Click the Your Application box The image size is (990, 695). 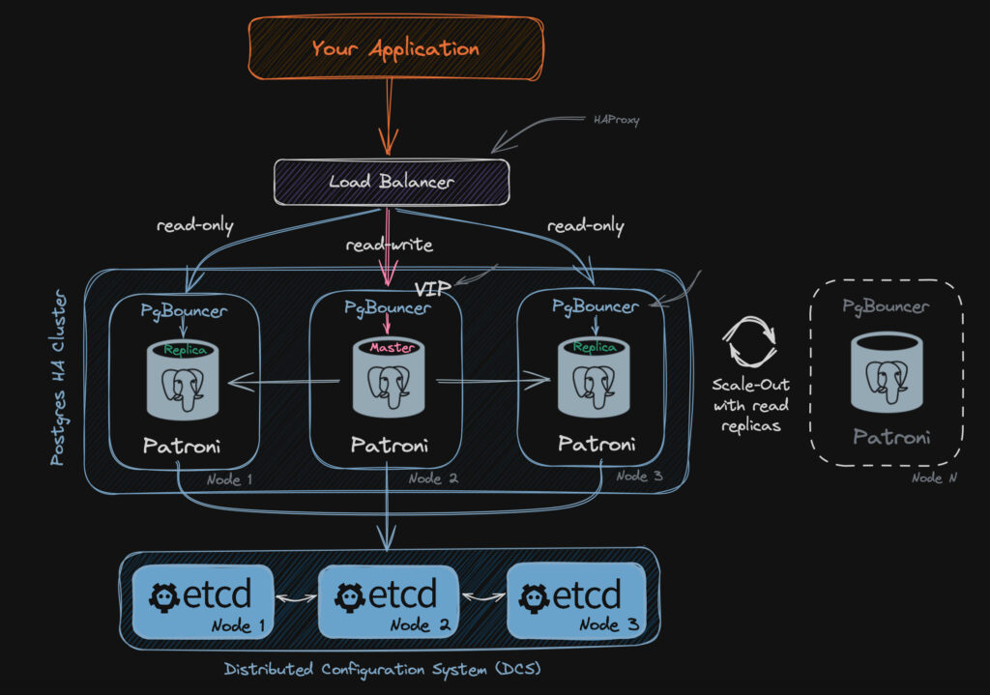(x=393, y=48)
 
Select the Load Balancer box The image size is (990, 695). (x=391, y=182)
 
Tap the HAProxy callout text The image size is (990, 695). (x=616, y=121)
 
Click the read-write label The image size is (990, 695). (x=390, y=246)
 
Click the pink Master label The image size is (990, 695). (x=392, y=347)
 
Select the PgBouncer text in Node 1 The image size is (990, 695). (x=184, y=311)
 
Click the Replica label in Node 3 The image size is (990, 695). (x=595, y=347)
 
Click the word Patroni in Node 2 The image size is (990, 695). (x=389, y=446)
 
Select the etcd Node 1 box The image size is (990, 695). (x=202, y=601)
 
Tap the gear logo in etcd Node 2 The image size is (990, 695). (x=348, y=596)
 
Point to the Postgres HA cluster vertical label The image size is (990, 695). (x=58, y=377)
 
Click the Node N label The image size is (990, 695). (x=927, y=478)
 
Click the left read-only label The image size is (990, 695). (x=195, y=226)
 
